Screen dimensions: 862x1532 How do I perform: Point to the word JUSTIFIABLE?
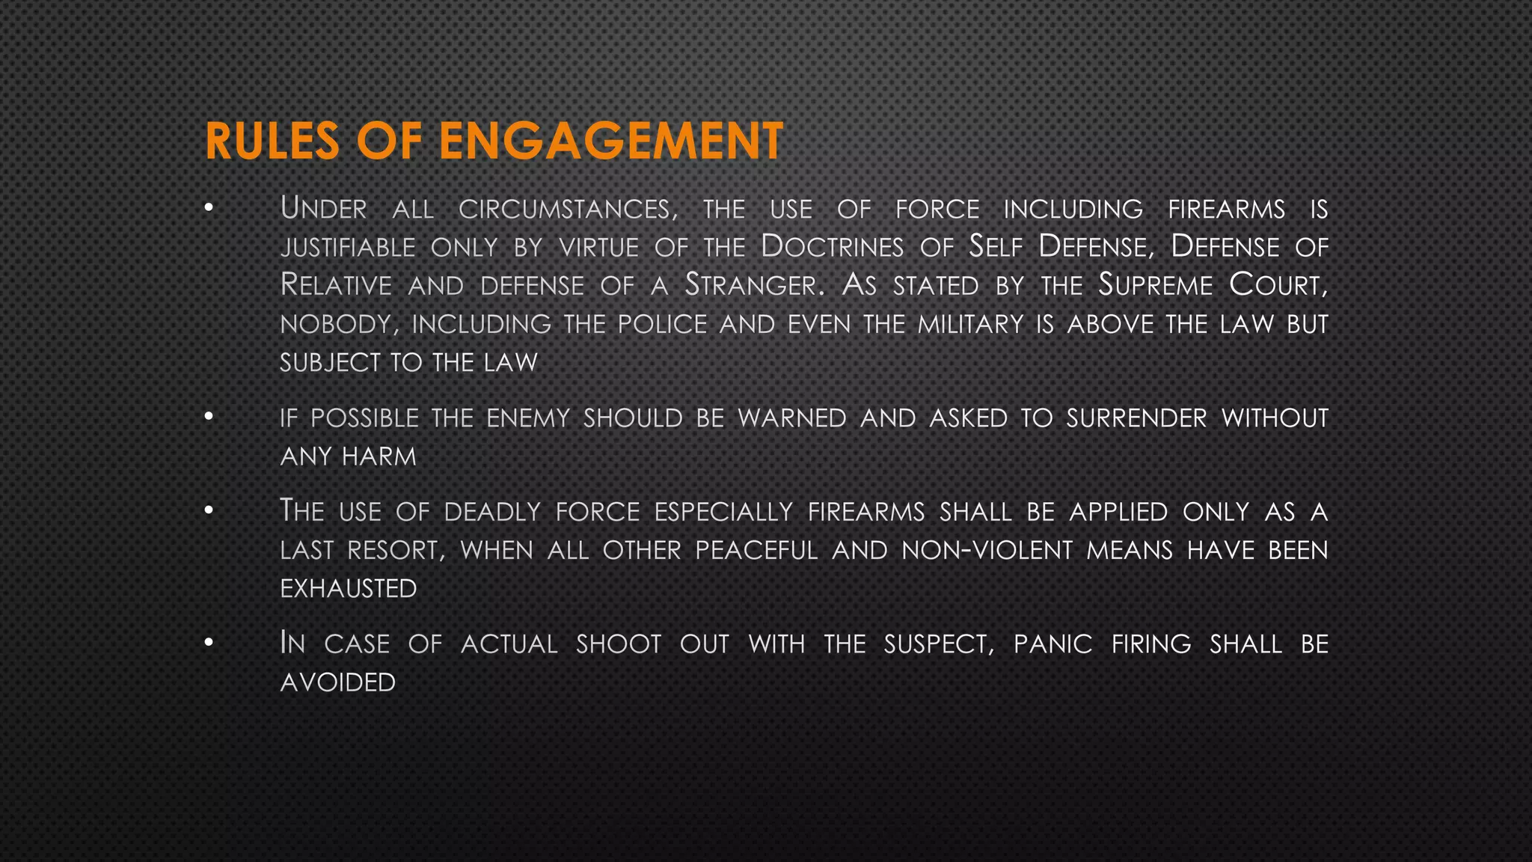click(x=348, y=248)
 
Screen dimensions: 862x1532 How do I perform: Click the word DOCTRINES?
click(x=832, y=247)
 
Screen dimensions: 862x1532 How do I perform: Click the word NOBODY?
click(x=336, y=325)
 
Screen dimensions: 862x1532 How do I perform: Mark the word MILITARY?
click(x=970, y=324)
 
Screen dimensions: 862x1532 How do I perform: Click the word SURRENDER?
click(x=1136, y=418)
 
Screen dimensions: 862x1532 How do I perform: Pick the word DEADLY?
click(x=492, y=512)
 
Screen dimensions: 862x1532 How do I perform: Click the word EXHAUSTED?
click(x=349, y=589)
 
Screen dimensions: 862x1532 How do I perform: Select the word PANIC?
click(x=1053, y=644)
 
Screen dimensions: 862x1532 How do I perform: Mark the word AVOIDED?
click(x=338, y=682)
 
